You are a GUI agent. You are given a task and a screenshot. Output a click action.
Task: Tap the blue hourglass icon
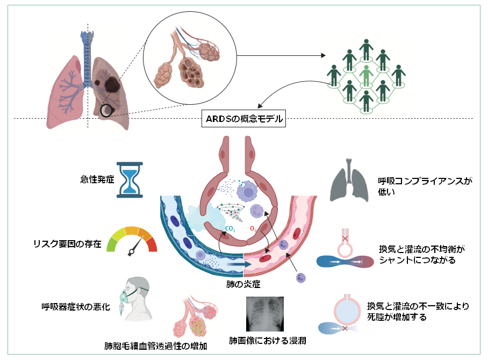(130, 180)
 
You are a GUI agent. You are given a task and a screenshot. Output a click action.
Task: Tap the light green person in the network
(367, 75)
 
